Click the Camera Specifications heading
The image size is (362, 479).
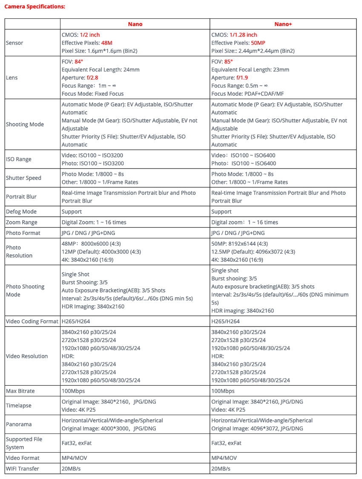35,7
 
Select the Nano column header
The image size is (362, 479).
135,24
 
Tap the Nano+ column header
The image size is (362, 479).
283,24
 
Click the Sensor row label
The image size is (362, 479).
14,43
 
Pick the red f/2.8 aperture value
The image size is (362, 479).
92,78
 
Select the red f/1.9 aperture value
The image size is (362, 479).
242,78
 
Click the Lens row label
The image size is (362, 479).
12,78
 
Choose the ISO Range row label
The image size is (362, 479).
19,159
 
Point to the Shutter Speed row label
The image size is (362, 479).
23,178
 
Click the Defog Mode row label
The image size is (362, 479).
21,212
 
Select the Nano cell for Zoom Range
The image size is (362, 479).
94,222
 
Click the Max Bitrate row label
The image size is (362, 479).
20,391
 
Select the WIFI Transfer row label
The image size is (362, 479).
23,469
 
